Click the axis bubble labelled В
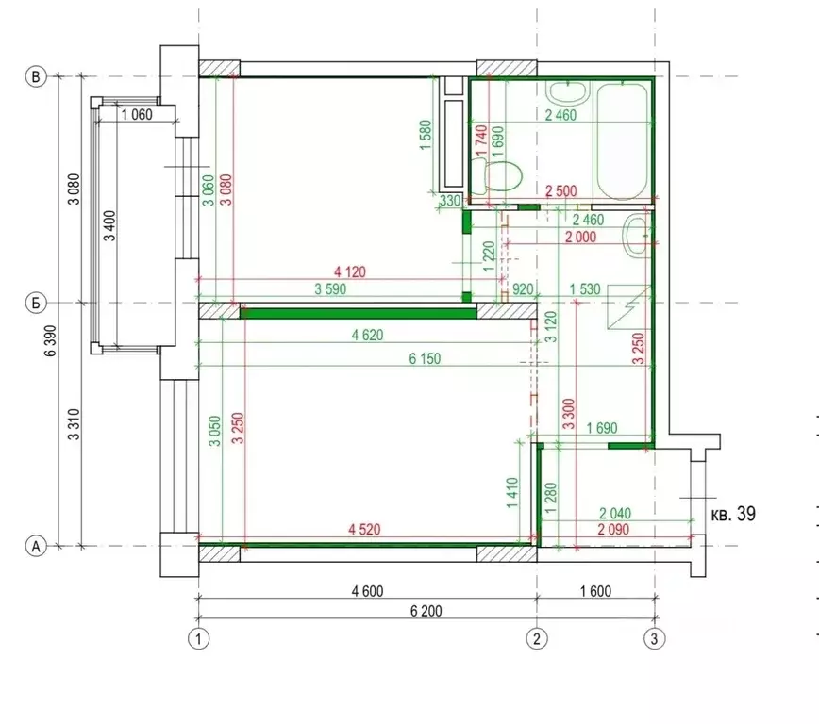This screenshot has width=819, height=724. click(x=36, y=76)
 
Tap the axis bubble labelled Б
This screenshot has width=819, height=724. click(x=36, y=303)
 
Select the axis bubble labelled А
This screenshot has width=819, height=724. click(x=36, y=547)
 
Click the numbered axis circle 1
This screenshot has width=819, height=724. click(x=198, y=638)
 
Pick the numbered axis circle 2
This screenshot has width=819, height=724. click(x=537, y=638)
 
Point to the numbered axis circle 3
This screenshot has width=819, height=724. click(x=655, y=638)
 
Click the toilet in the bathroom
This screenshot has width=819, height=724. click(x=496, y=175)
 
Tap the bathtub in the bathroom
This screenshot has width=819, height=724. click(x=622, y=141)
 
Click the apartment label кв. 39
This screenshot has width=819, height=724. click(x=733, y=514)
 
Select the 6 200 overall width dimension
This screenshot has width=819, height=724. click(x=426, y=611)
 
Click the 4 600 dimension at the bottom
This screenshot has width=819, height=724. click(x=367, y=591)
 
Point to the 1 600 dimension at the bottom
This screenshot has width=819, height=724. click(x=595, y=591)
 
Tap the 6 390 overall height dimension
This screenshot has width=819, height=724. click(x=51, y=340)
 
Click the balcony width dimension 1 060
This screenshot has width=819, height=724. click(x=137, y=114)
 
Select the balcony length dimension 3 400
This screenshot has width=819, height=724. click(x=109, y=225)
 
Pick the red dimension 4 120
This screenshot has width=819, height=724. click(x=350, y=271)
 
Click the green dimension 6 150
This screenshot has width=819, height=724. click(x=425, y=358)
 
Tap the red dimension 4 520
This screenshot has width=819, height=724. click(x=364, y=529)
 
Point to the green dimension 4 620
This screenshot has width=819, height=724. click(x=367, y=335)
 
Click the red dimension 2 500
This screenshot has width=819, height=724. click(x=561, y=191)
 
